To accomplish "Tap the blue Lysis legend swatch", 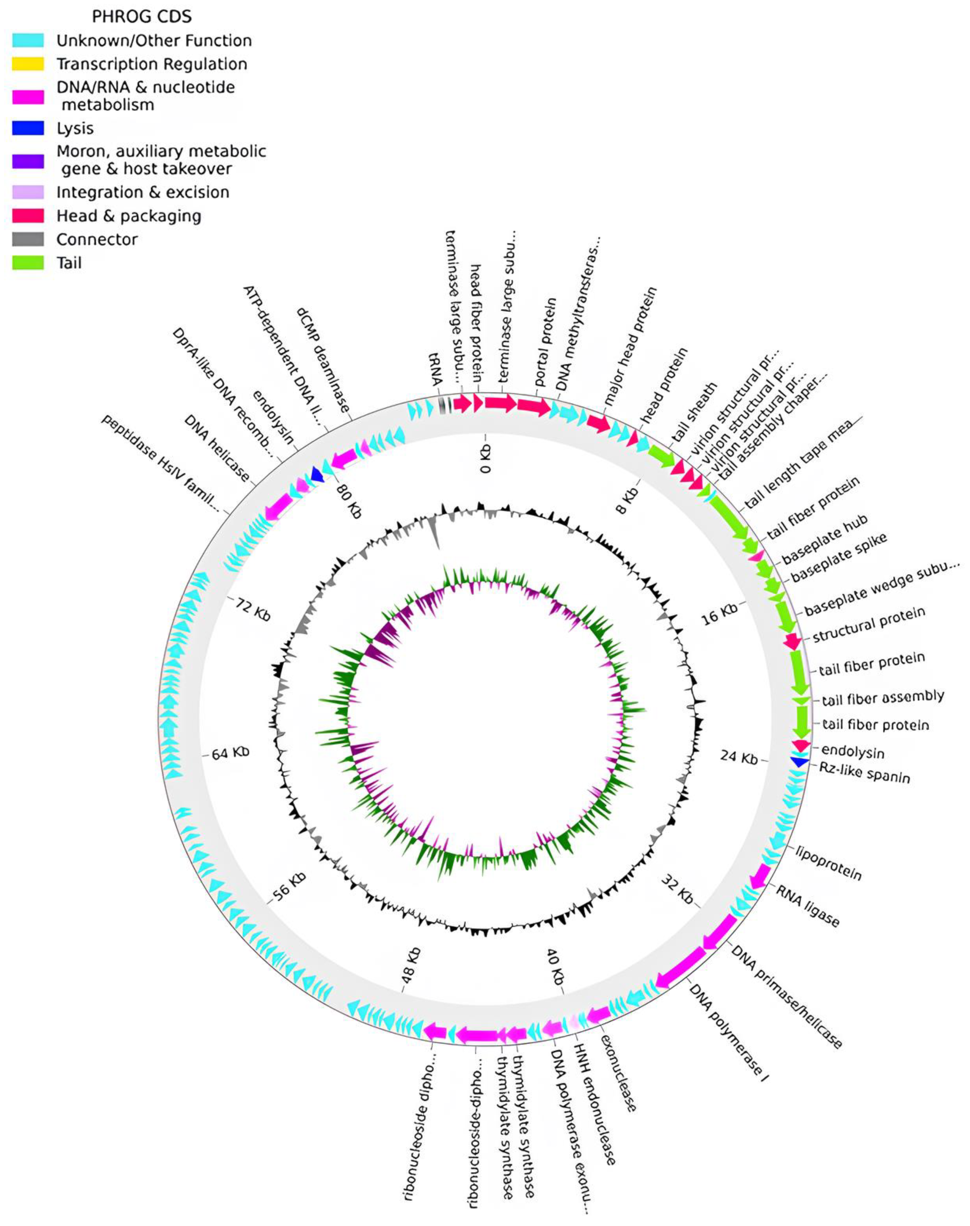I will click(28, 128).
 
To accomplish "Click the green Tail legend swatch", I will click(28, 263).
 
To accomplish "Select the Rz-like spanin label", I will click(865, 774).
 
